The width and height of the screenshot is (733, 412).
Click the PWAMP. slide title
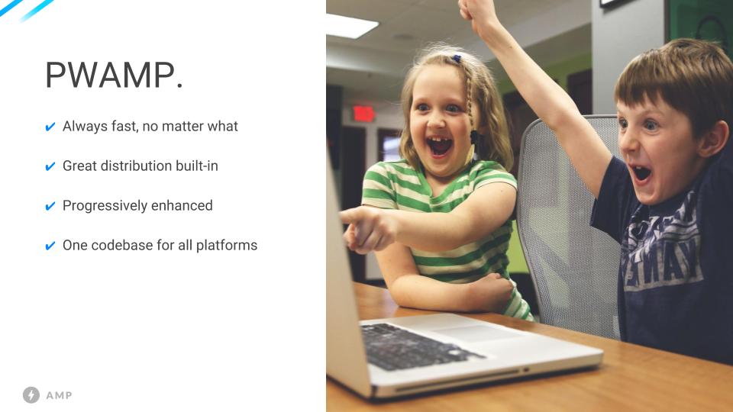coord(114,75)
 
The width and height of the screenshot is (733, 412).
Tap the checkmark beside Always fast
coord(50,127)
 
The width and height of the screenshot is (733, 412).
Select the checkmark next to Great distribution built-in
coord(50,166)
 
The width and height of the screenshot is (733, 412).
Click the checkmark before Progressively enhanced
coord(50,206)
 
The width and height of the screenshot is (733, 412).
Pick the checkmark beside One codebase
coord(50,246)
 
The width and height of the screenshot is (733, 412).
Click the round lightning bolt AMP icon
coord(31,394)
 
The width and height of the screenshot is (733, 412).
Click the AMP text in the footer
coord(59,396)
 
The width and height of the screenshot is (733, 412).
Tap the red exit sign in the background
coord(363,114)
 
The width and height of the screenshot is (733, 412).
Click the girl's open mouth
coord(440,146)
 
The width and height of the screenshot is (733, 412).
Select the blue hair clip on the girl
coord(457,59)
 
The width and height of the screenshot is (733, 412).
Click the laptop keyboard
coord(416,346)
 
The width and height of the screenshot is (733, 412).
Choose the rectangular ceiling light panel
coord(351,26)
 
